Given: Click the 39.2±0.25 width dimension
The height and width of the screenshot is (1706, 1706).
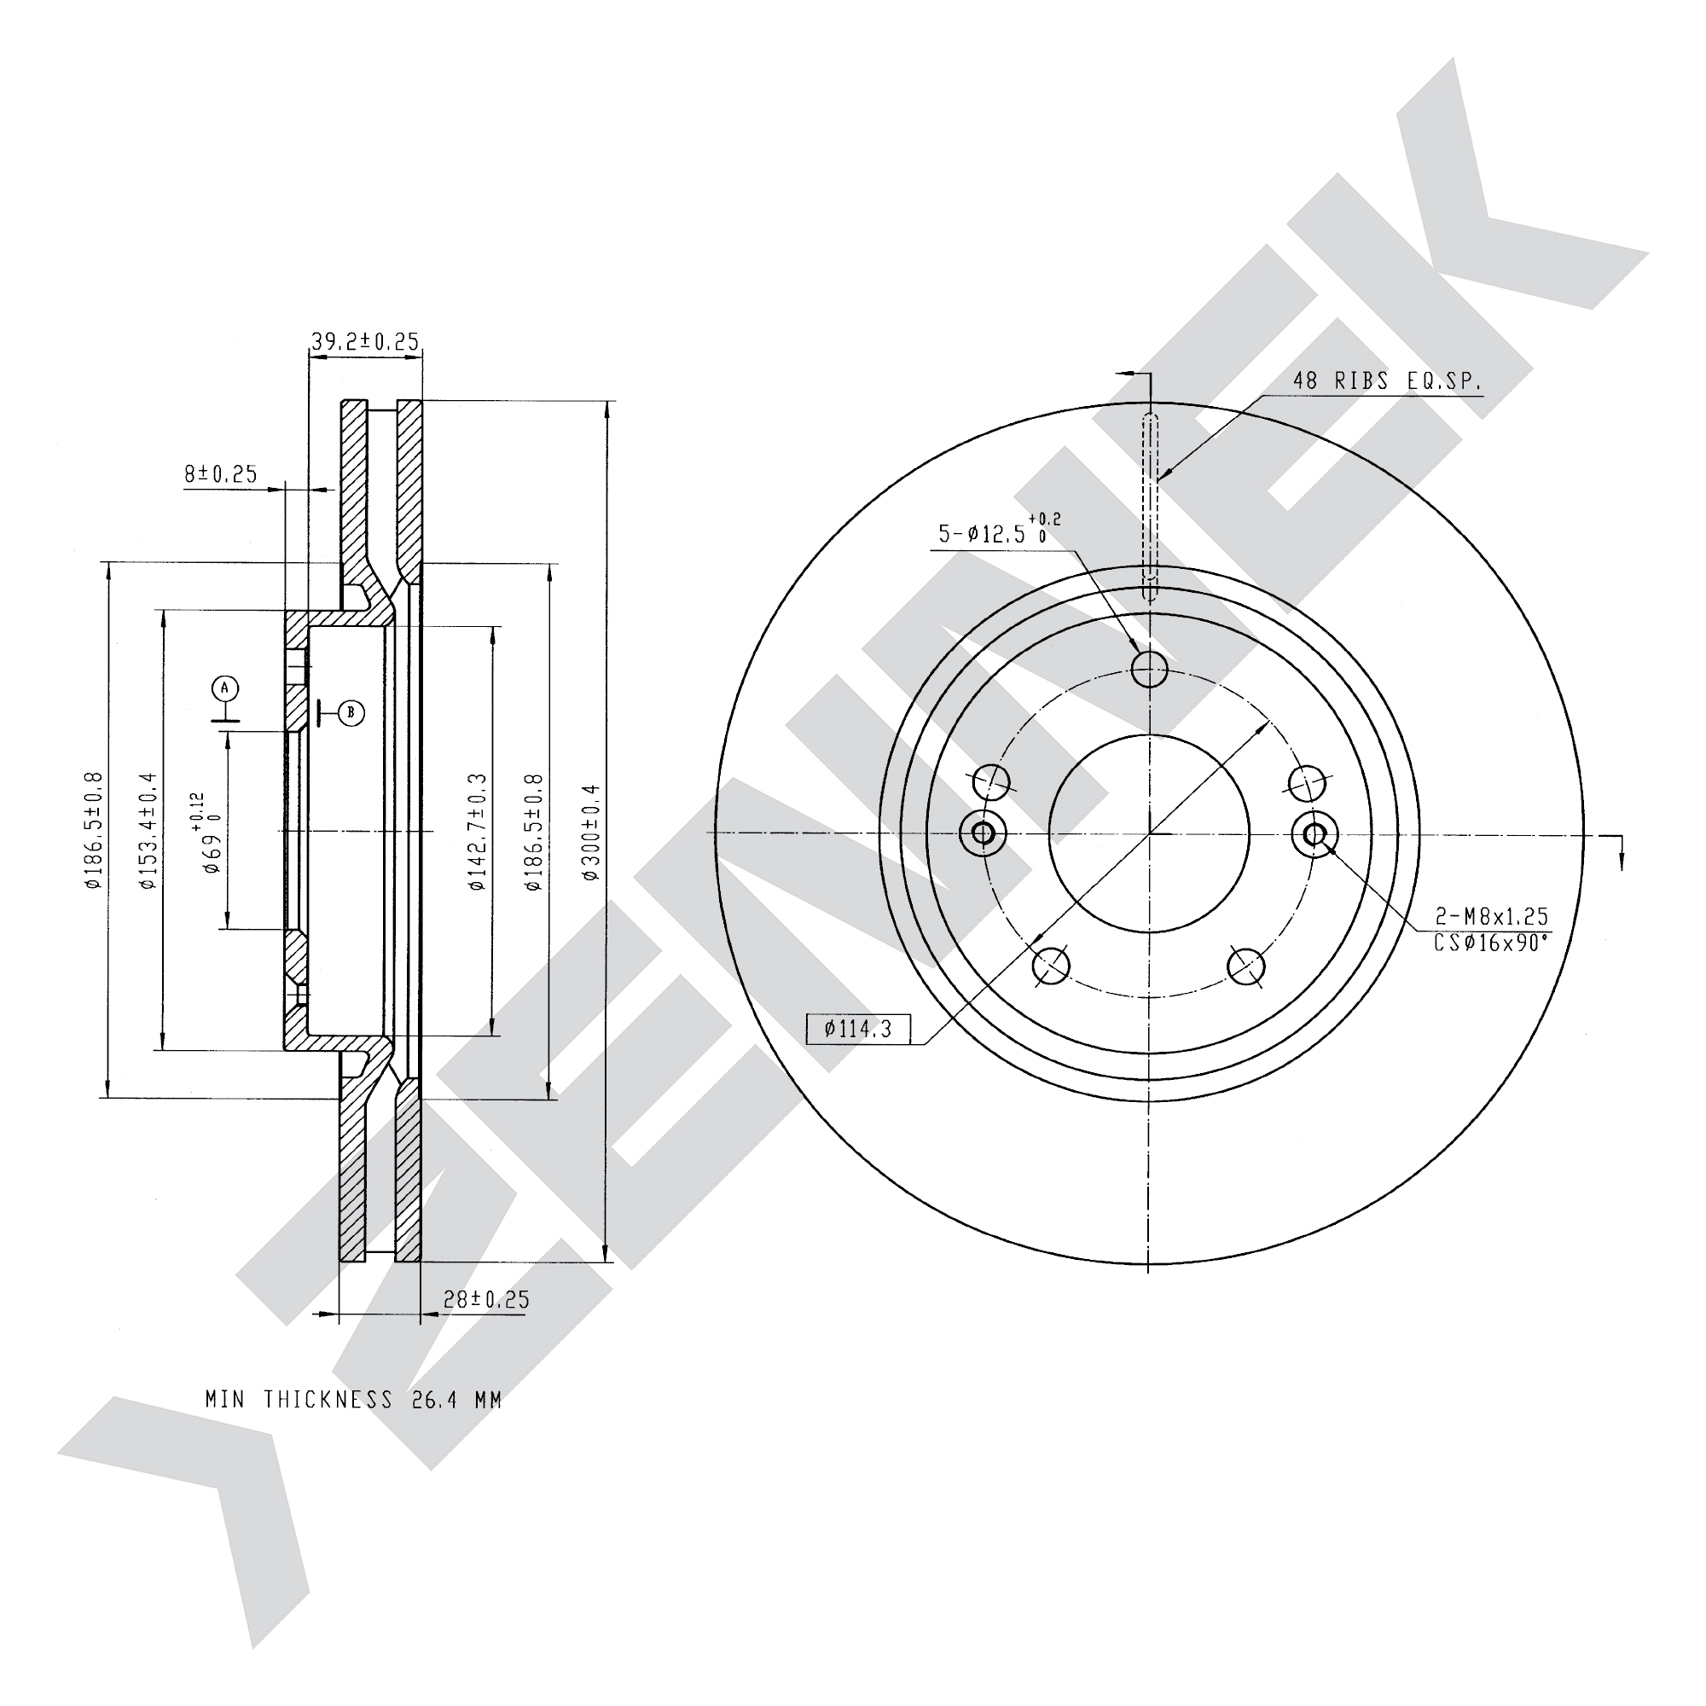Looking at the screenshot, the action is point(365,341).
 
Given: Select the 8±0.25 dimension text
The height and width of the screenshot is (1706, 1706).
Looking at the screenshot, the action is point(221,474).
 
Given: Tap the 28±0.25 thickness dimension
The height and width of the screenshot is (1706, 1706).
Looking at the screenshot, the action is point(486,1299).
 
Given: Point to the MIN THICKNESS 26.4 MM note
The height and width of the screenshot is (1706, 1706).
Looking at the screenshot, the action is point(354,1400).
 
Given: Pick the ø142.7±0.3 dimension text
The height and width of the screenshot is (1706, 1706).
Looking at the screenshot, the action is point(478,832).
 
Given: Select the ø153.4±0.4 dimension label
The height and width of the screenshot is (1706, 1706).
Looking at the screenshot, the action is point(148,830).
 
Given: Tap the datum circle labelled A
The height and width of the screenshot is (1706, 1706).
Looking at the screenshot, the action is point(225,688).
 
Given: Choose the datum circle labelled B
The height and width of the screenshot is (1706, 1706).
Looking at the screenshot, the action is point(351,711).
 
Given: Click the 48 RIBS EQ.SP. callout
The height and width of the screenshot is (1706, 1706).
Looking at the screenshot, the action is point(1388,381).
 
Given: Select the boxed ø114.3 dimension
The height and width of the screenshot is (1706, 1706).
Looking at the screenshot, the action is point(858,1029).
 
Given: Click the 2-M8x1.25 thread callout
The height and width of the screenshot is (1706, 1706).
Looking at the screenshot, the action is point(1491,918).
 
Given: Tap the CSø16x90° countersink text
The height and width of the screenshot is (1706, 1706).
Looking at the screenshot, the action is point(1491,943).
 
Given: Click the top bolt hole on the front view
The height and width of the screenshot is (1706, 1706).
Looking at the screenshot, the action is point(1149,669).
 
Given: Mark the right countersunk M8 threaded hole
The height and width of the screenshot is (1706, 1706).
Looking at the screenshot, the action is point(1314,833).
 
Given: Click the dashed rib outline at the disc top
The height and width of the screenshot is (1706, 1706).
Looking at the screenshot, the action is point(1150,507).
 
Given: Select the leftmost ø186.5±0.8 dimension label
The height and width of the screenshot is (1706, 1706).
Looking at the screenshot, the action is point(93,830).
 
